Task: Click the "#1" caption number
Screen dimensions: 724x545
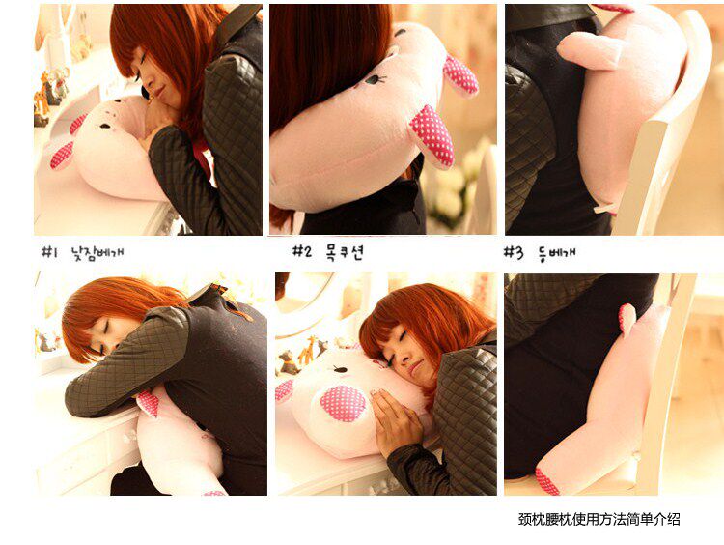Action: tap(48, 252)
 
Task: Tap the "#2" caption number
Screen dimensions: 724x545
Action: tap(302, 251)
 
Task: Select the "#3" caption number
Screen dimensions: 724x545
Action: tap(514, 252)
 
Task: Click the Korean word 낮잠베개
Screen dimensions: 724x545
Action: tap(97, 253)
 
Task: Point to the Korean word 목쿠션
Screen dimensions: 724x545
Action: tap(345, 252)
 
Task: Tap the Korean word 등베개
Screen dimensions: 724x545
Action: tap(556, 253)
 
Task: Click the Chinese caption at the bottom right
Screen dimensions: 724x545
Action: tap(599, 519)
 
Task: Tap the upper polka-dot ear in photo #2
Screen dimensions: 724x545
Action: tap(460, 74)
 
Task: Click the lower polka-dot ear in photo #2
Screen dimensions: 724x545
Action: tap(432, 135)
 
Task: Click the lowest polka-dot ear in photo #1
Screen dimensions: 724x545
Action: tap(62, 156)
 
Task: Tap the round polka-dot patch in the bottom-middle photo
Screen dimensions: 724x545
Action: tap(343, 403)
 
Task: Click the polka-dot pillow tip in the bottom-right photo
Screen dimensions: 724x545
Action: tap(547, 481)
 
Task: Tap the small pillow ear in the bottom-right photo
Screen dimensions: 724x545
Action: tap(627, 319)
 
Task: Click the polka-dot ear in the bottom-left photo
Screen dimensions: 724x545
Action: tap(149, 403)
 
